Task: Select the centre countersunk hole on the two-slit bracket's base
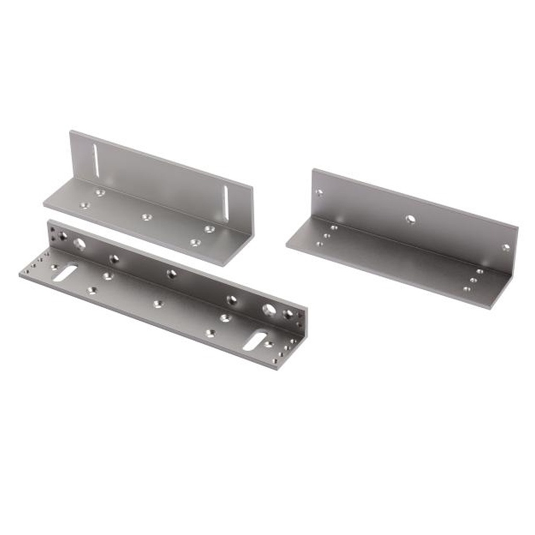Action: pyautogui.click(x=146, y=216)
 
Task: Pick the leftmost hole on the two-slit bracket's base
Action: pyautogui.click(x=84, y=205)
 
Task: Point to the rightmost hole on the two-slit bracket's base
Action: pyautogui.click(x=210, y=229)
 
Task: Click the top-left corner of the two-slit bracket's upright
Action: pyautogui.click(x=71, y=132)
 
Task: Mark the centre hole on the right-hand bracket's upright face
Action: pyautogui.click(x=411, y=219)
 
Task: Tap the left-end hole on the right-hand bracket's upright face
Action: pyautogui.click(x=319, y=193)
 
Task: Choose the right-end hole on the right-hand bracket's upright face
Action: pyautogui.click(x=505, y=247)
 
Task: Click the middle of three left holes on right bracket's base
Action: pyautogui.click(x=327, y=236)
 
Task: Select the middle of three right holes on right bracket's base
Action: pyautogui.click(x=473, y=280)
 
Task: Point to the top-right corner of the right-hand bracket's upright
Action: pyautogui.click(x=517, y=227)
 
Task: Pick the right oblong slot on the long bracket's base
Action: pyautogui.click(x=255, y=341)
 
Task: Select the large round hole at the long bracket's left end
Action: pyautogui.click(x=79, y=243)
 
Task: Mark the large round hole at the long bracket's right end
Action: pyautogui.click(x=269, y=309)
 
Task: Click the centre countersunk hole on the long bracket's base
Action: pyautogui.click(x=158, y=304)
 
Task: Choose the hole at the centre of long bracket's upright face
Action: pyautogui.click(x=171, y=274)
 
